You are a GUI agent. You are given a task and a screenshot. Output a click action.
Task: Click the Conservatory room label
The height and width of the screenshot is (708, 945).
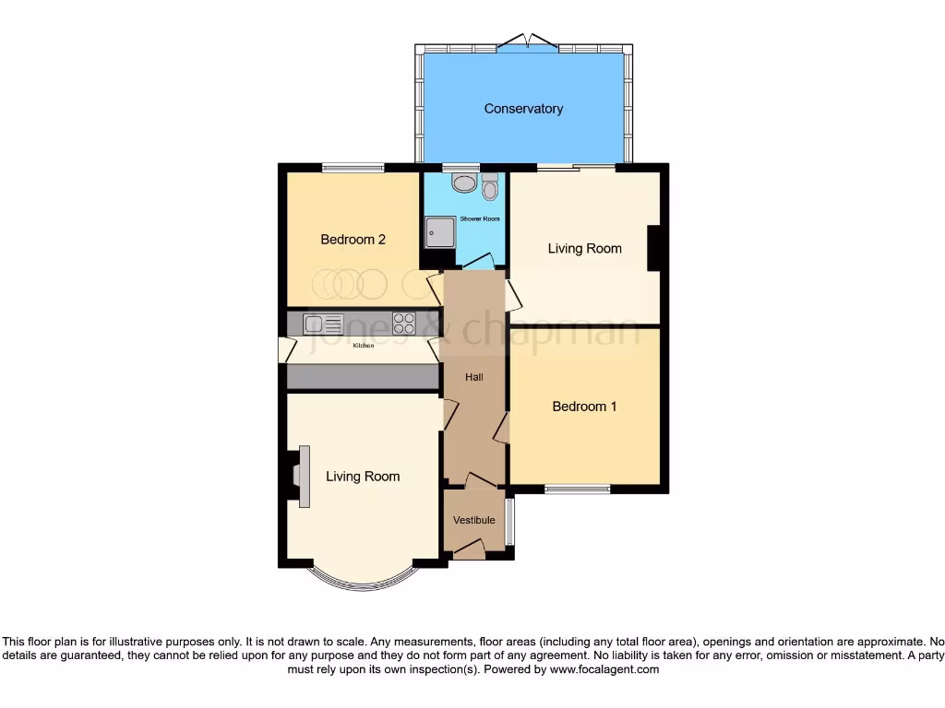click(523, 109)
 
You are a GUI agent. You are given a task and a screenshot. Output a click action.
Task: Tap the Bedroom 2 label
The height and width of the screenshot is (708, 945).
click(353, 240)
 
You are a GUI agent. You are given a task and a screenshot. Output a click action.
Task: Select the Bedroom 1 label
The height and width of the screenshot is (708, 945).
click(584, 407)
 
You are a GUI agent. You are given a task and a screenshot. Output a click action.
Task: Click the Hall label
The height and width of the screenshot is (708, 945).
click(473, 376)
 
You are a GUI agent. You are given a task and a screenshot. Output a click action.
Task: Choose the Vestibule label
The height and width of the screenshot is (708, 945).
click(473, 520)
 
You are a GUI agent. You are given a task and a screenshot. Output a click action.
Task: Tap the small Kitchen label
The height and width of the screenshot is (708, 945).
click(364, 347)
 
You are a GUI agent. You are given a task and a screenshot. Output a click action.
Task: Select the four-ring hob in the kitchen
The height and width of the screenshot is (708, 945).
click(404, 323)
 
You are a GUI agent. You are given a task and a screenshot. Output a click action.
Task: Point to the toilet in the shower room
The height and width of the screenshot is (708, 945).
click(490, 188)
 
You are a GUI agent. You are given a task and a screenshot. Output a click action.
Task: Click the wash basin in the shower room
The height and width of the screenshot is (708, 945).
click(464, 183)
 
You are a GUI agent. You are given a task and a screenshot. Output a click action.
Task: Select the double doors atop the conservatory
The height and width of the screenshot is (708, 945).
click(527, 41)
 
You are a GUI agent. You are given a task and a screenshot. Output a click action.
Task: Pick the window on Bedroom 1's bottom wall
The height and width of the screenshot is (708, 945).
click(577, 489)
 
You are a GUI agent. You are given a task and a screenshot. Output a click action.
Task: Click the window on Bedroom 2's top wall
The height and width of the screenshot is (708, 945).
click(353, 168)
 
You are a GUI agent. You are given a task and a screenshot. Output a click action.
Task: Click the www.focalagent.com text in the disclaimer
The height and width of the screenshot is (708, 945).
click(604, 670)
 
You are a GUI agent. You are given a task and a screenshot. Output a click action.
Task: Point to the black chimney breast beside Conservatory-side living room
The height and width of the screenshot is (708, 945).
click(654, 248)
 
